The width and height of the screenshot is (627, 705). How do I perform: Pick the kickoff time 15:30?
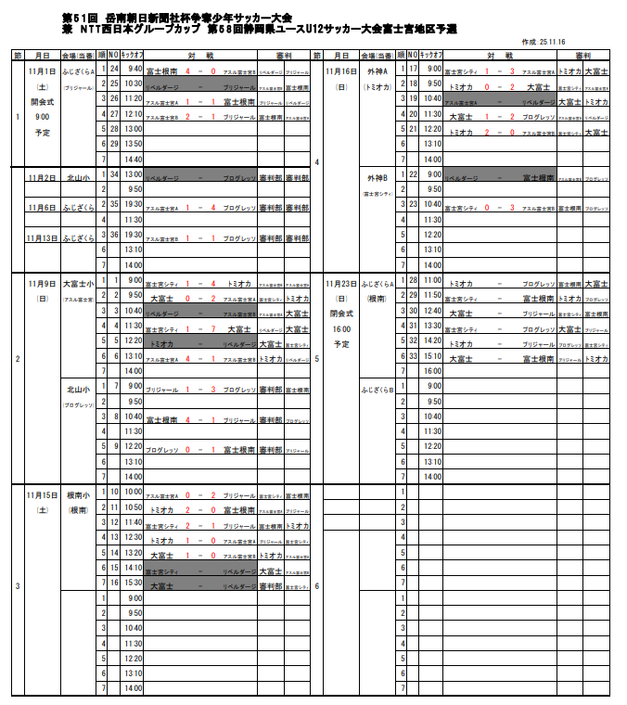coord(134,583)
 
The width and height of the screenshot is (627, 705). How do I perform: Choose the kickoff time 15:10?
coord(433,355)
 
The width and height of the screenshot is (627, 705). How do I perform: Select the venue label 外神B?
coord(378,175)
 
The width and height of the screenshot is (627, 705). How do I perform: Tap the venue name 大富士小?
coord(79,281)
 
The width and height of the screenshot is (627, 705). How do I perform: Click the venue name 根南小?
coord(79,494)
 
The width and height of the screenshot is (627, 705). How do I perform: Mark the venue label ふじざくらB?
coord(378,390)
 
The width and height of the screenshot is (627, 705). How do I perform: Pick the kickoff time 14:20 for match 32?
coord(433,340)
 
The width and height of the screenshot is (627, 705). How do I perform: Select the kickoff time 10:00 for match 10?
coord(134,492)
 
